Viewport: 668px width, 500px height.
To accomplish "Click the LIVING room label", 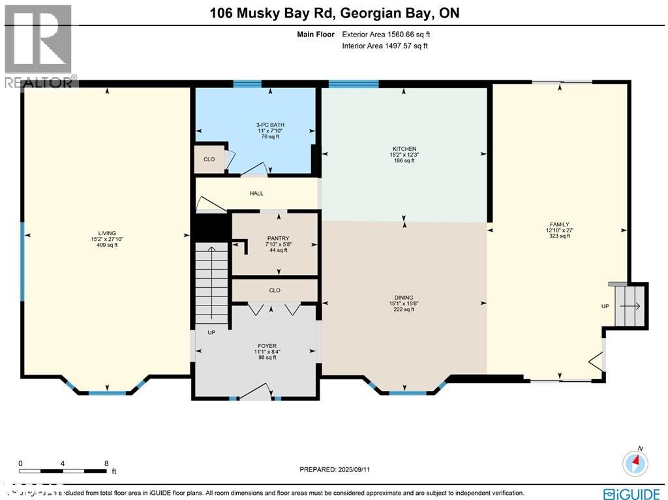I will pyautogui.click(x=107, y=233).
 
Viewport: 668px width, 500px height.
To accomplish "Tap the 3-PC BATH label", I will pyautogui.click(x=270, y=125).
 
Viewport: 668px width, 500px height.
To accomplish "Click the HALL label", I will pyautogui.click(x=256, y=193).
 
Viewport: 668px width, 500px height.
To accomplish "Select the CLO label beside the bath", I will pyautogui.click(x=209, y=159).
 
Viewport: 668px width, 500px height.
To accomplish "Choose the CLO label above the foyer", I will pyautogui.click(x=275, y=290).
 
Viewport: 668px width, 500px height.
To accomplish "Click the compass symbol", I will pyautogui.click(x=635, y=462).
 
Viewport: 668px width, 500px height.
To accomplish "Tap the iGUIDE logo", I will pyautogui.click(x=632, y=493).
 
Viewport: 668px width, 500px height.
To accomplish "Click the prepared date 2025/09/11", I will pyautogui.click(x=339, y=469).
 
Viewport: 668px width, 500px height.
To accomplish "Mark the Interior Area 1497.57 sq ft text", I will pyautogui.click(x=386, y=46).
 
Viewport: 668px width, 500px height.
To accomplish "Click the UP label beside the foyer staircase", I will pyautogui.click(x=211, y=332).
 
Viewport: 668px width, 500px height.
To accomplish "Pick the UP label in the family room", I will pyautogui.click(x=605, y=305).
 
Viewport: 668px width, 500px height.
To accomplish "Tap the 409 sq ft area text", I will pyautogui.click(x=107, y=245).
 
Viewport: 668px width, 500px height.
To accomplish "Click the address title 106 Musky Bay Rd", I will pyautogui.click(x=333, y=13).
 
